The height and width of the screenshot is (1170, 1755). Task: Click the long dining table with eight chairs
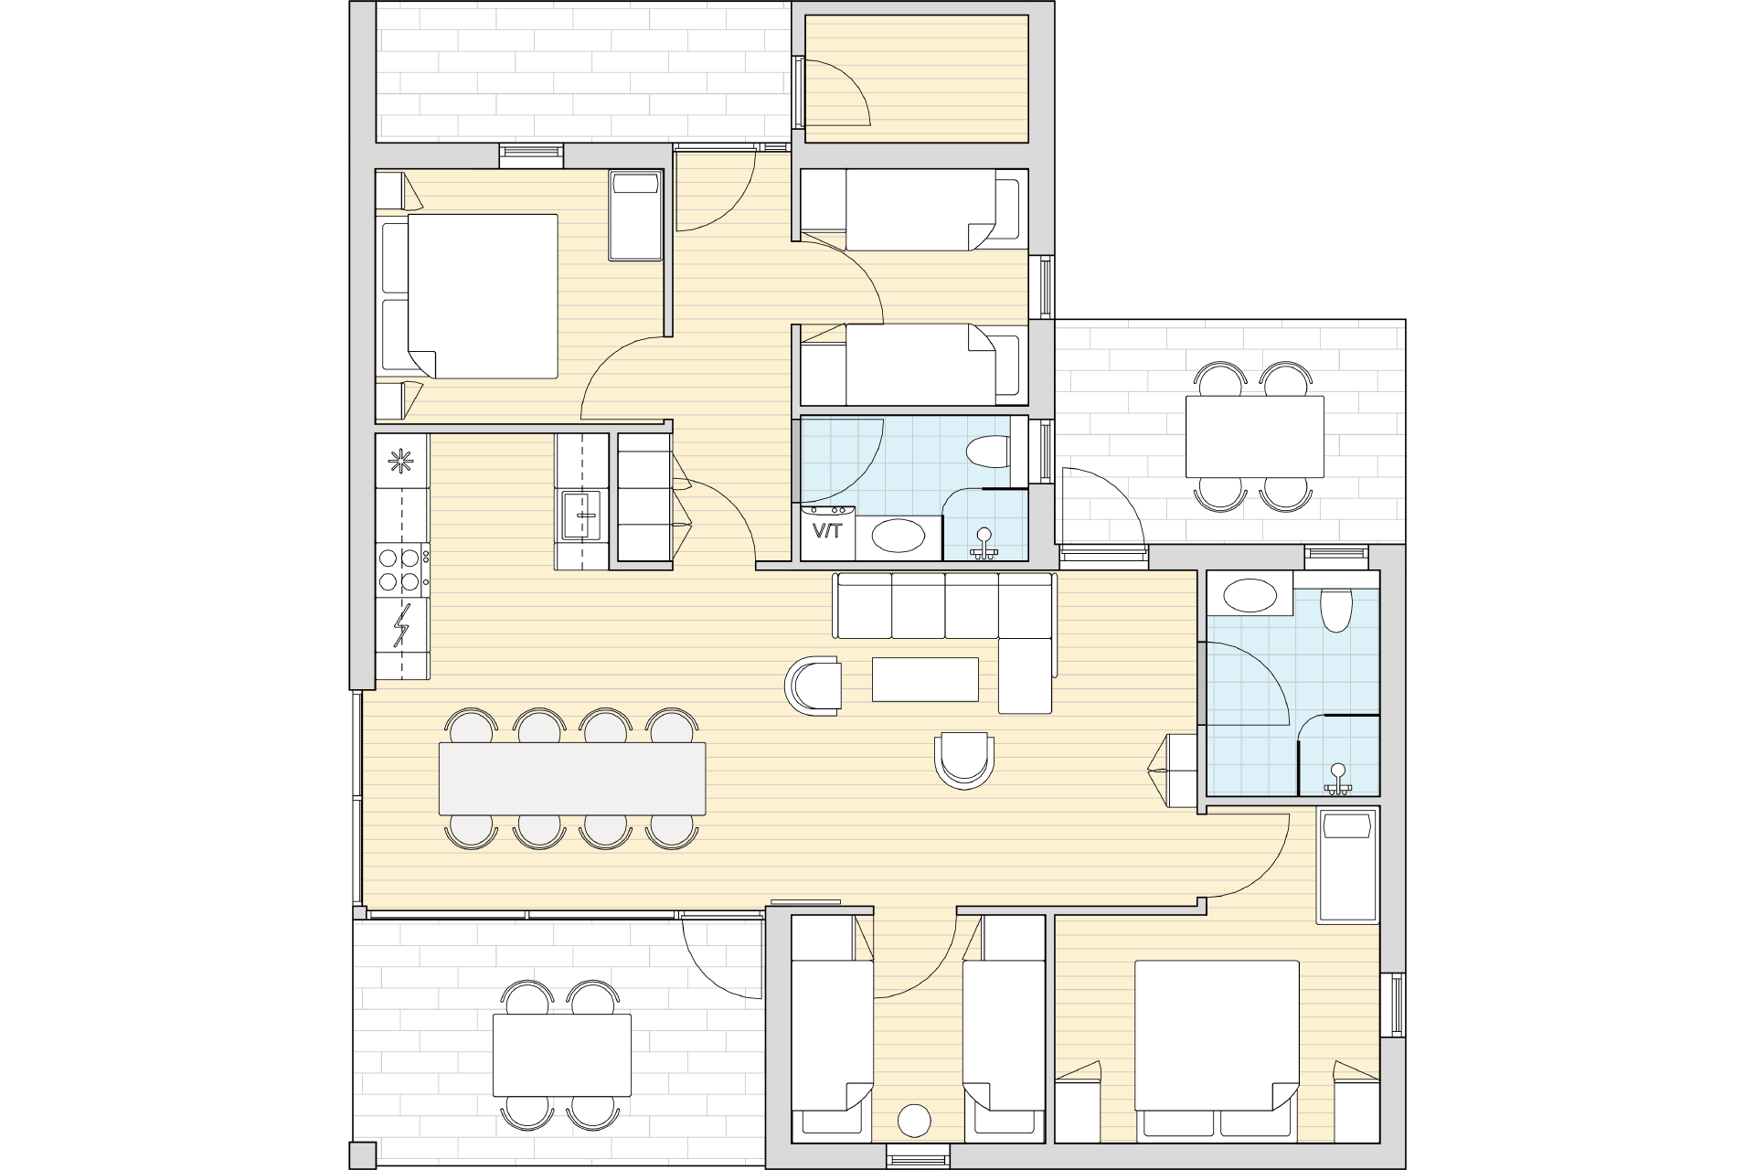572,778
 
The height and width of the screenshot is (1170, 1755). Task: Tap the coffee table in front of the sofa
925,679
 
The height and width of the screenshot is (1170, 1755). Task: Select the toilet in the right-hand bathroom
1336,610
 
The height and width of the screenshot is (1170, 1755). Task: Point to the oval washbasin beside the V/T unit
894,536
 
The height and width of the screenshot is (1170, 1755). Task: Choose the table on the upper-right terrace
1254,436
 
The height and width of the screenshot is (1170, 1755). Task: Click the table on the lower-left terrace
561,1055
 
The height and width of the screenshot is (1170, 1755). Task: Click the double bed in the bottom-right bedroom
1217,1050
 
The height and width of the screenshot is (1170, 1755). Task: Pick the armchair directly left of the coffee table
814,685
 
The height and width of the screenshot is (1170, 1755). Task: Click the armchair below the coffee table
964,760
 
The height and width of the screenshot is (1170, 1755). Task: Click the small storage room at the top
916,79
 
